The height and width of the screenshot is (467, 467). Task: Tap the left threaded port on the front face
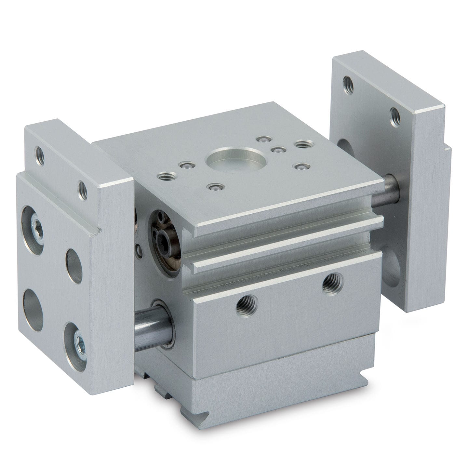click(x=247, y=305)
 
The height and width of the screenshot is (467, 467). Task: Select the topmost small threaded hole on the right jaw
click(x=348, y=85)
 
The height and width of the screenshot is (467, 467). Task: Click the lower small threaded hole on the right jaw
click(x=394, y=116)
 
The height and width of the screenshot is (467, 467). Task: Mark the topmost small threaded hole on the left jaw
click(x=40, y=155)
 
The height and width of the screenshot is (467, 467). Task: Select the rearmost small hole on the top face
click(x=263, y=140)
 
